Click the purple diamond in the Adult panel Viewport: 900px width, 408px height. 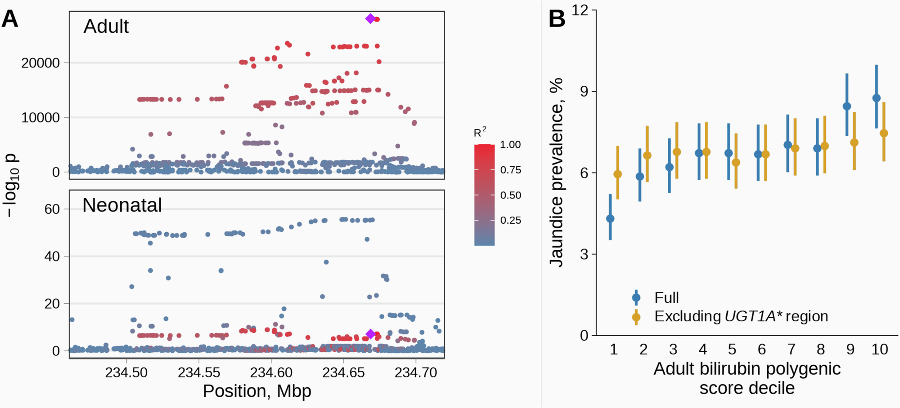370,18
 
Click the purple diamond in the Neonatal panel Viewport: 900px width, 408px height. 370,334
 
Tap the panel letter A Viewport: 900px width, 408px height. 10,19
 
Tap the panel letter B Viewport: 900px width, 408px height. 557,19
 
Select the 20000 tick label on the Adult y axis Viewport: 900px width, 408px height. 40,63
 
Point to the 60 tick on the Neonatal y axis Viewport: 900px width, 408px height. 52,209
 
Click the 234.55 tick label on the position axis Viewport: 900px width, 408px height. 199,373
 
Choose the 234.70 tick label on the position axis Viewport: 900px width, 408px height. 416,373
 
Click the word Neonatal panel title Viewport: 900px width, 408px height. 122,205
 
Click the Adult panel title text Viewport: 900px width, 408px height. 106,27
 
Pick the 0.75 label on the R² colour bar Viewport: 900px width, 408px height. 510,170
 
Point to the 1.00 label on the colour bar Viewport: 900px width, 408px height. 510,145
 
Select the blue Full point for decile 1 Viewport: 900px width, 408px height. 610,219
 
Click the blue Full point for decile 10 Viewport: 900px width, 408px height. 876,98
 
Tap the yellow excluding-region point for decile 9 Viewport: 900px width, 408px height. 854,143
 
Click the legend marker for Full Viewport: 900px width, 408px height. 636,297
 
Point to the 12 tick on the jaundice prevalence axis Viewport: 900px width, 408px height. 580,10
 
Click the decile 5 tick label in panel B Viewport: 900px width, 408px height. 732,350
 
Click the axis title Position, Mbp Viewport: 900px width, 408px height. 257,391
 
